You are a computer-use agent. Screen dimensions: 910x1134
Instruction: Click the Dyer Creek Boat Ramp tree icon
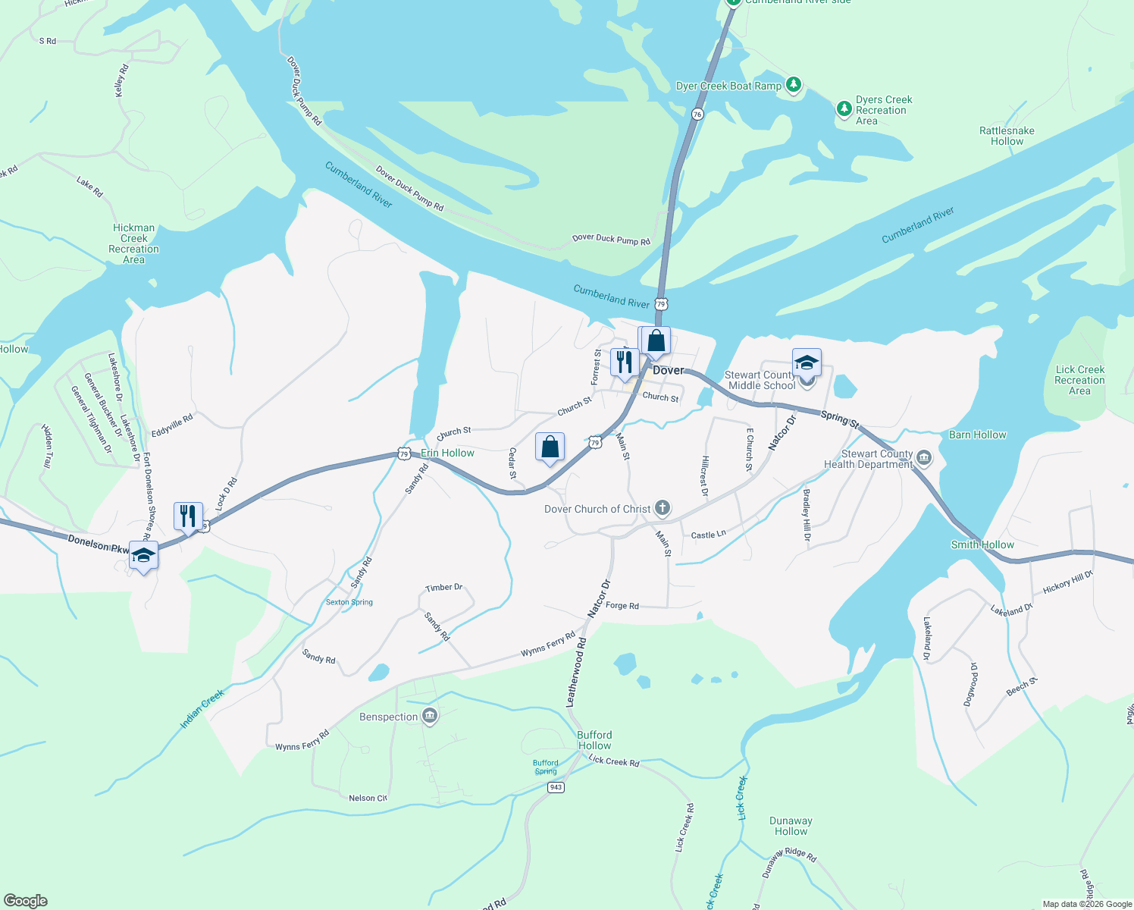click(x=793, y=84)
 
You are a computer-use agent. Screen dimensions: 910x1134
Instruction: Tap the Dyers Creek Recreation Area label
click(x=883, y=110)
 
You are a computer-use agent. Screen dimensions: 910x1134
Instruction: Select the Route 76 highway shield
click(x=697, y=114)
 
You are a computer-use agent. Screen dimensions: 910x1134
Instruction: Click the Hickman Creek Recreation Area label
click(x=134, y=243)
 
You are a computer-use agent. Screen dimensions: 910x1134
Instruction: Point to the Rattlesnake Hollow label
click(x=1007, y=136)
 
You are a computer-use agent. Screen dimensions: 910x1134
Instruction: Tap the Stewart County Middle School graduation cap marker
click(x=807, y=362)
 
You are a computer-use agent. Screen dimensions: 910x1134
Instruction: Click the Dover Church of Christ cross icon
click(x=663, y=508)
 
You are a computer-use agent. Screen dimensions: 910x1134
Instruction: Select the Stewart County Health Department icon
click(x=923, y=457)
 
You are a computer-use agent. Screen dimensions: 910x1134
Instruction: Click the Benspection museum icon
click(x=430, y=716)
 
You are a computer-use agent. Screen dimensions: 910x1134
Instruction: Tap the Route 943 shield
click(x=556, y=787)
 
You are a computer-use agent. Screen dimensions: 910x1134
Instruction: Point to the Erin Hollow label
click(x=447, y=453)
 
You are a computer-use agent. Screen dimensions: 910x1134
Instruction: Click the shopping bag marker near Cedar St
click(x=550, y=447)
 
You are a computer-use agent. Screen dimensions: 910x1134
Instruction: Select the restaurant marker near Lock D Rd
click(x=188, y=516)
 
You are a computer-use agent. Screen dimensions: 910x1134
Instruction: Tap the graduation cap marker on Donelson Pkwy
click(x=143, y=556)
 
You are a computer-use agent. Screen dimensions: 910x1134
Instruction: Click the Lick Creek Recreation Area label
click(x=1079, y=380)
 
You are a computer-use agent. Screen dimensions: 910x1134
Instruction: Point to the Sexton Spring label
click(x=349, y=602)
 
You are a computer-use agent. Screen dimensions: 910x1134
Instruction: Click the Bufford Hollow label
click(x=594, y=740)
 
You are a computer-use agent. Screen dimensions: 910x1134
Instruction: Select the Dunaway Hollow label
click(x=791, y=826)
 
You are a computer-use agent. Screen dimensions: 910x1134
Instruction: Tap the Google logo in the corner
click(x=26, y=901)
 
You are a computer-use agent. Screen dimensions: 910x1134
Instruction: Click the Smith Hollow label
click(x=982, y=544)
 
